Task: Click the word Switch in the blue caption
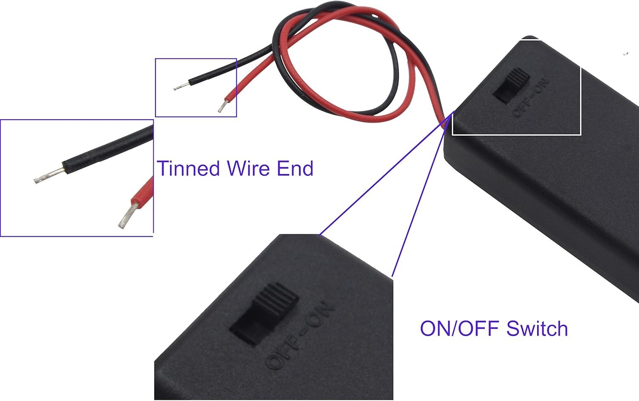[x=537, y=329]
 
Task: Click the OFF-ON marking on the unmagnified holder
[x=531, y=98]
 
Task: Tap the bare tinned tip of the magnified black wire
[x=48, y=175]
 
